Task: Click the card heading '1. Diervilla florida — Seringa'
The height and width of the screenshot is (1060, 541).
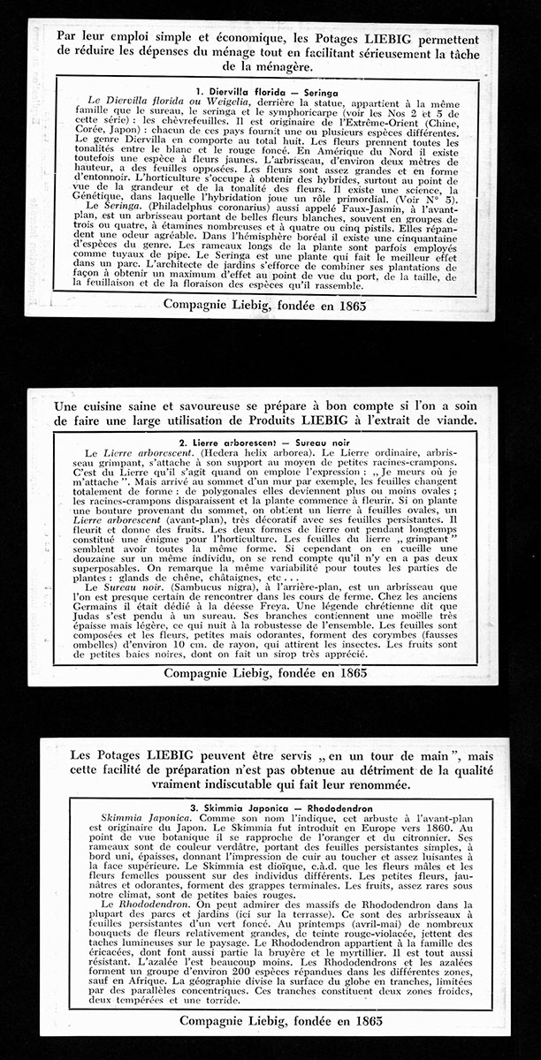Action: click(x=263, y=91)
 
